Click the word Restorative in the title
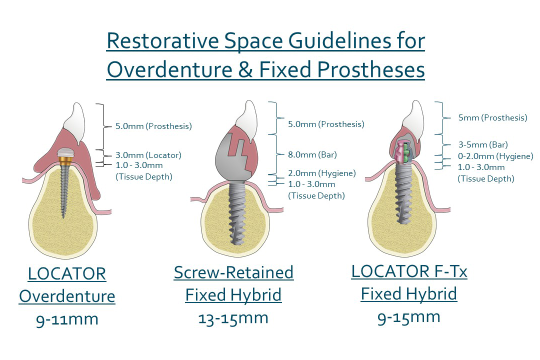tap(162, 40)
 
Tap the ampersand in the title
tap(245, 69)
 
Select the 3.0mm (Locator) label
tap(148, 155)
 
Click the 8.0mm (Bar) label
tap(312, 154)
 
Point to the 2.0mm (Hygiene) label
tap(322, 173)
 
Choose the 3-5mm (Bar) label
tap(483, 144)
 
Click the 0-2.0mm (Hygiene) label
tap(495, 156)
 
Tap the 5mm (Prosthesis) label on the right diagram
tap(493, 117)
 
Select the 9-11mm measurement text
tap(67, 319)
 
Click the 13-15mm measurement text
tap(233, 318)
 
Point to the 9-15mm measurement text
tap(409, 317)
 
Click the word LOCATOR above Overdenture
tap(67, 274)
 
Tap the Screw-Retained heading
tap(233, 272)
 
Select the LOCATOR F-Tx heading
tap(409, 271)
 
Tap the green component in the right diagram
tap(406, 151)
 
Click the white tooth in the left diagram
tap(76, 122)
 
